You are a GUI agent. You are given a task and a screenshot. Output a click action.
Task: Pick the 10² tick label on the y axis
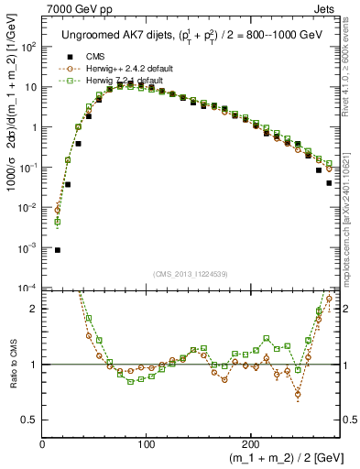(x=29, y=47)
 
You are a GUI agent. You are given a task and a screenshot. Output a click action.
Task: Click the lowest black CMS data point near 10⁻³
(x=57, y=249)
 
